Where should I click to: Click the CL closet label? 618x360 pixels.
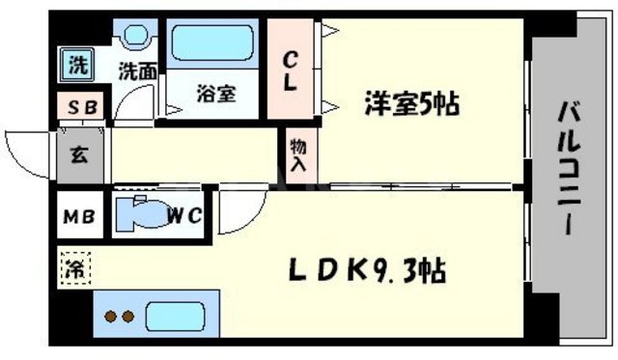(x=289, y=71)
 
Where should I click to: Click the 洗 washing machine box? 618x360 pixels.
(x=75, y=68)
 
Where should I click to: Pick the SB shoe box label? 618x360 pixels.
(x=78, y=106)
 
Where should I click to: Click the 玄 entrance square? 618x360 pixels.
(x=78, y=155)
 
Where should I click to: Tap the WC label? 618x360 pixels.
(x=184, y=215)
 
